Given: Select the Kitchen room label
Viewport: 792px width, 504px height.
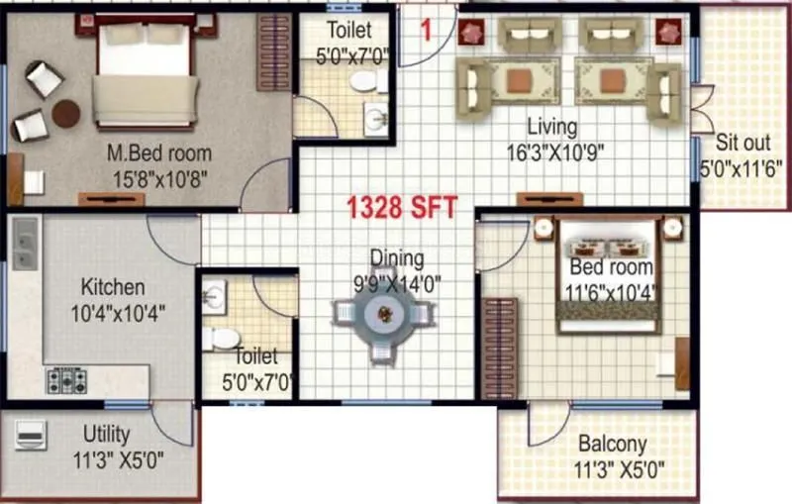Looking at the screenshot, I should pos(113,288).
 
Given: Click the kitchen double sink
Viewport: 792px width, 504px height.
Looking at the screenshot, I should pos(25,244).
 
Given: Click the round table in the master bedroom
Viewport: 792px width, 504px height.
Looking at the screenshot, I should pos(66,114).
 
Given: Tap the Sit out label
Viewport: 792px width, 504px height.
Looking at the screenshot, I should pos(742,142).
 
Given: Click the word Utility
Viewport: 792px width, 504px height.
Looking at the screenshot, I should pos(106,434).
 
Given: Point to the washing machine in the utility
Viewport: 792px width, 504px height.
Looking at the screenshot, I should pos(29,436).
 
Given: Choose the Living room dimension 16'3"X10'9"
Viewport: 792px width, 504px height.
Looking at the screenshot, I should pos(552,151).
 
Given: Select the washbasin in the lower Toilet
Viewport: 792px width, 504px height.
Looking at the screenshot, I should pos(215,294).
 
